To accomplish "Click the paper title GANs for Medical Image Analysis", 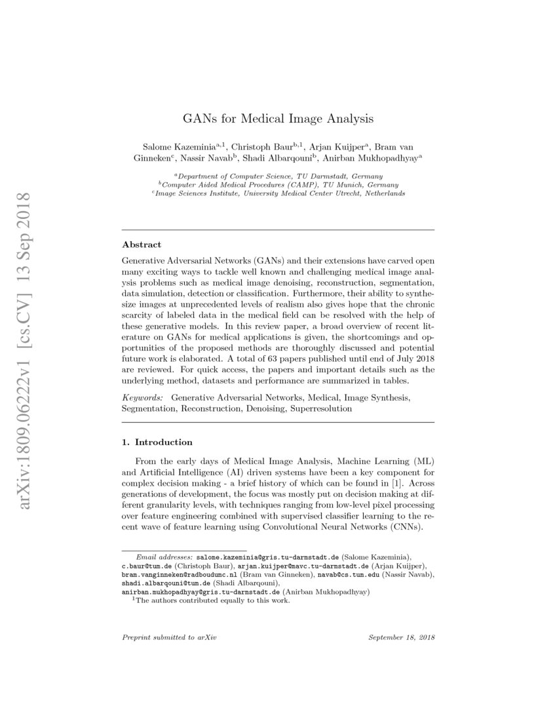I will (x=278, y=119).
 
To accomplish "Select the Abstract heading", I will (x=142, y=244).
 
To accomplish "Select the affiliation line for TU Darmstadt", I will (x=278, y=176).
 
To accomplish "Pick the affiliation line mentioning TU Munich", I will (x=278, y=185).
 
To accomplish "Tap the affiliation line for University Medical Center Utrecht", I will (x=278, y=193).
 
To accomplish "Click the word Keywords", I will (x=142, y=397).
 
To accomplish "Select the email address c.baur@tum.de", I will (x=145, y=565).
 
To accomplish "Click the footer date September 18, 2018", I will (x=402, y=637).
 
